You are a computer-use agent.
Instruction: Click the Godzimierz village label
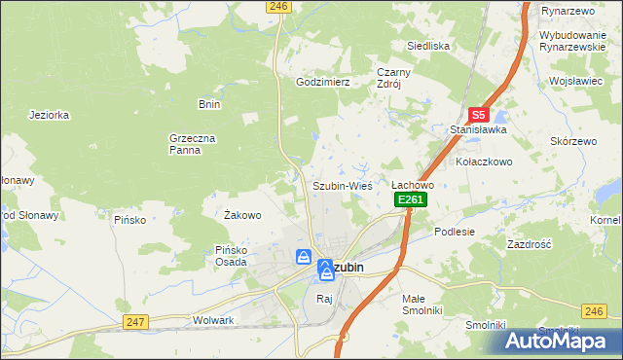tap(322, 83)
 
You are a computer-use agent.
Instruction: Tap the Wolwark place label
tap(214, 320)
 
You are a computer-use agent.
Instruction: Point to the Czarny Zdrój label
tap(395, 78)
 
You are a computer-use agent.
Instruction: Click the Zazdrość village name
tap(530, 244)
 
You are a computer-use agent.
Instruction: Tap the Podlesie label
tap(454, 232)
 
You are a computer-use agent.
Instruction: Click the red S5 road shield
tap(478, 113)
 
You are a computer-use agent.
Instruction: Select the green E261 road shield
tap(411, 199)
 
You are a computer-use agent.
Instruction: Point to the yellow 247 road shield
tap(135, 321)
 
